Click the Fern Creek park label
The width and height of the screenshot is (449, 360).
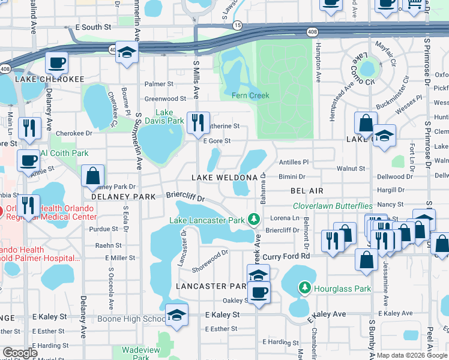click(251, 95)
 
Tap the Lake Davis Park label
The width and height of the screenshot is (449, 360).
click(169, 116)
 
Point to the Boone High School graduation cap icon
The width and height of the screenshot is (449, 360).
click(177, 315)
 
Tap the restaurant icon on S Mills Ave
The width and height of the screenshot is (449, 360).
click(197, 123)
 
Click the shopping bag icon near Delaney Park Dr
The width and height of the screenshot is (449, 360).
click(92, 176)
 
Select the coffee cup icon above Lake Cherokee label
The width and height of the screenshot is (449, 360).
click(57, 63)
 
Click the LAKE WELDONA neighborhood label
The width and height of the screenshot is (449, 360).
click(224, 178)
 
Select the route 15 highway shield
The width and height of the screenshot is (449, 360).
click(238, 25)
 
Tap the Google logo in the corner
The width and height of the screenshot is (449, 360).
click(20, 353)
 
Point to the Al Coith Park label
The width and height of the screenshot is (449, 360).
click(65, 153)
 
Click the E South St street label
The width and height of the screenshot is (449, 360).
click(93, 28)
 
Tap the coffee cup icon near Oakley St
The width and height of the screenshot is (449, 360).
click(259, 293)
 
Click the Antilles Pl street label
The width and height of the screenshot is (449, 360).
click(294, 162)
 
